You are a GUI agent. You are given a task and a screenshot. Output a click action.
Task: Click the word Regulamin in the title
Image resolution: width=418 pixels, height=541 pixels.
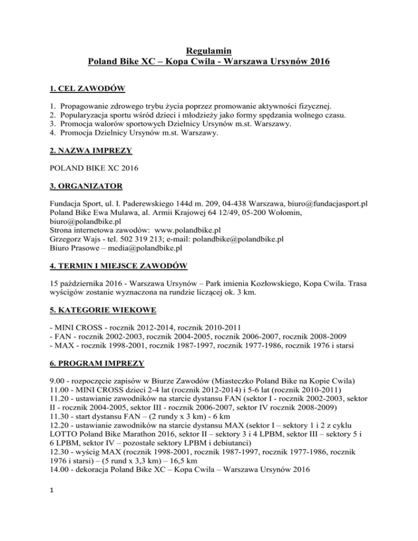209,52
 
